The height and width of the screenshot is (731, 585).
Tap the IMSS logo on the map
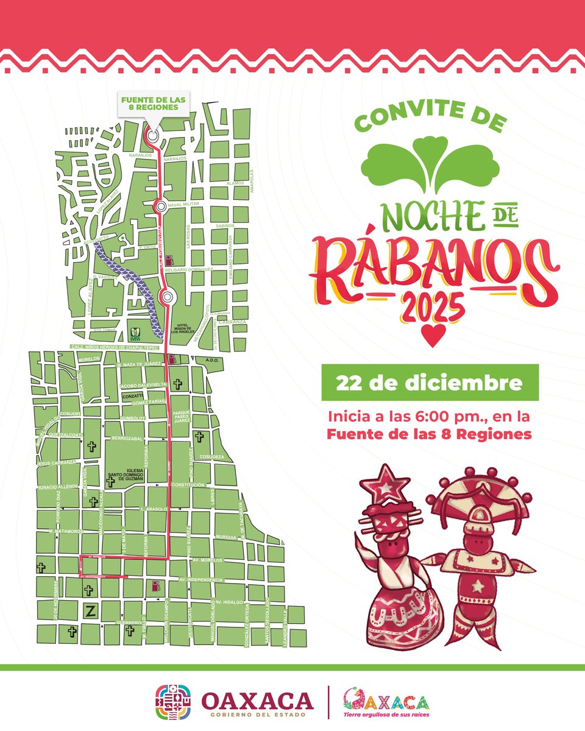[135, 334]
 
